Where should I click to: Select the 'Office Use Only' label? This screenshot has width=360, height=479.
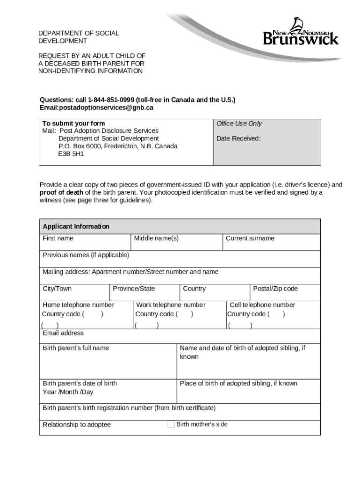(239, 123)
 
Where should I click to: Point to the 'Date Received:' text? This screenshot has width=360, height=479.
(238, 138)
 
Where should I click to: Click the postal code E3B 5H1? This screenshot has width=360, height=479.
(71, 153)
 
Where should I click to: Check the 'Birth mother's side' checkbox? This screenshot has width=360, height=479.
(171, 424)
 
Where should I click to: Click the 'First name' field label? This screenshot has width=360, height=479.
(58, 238)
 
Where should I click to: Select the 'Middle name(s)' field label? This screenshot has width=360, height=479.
(156, 238)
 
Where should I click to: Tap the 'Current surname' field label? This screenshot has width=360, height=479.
(250, 238)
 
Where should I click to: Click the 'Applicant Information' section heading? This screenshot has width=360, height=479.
(76, 226)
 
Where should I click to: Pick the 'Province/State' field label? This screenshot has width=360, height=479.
(134, 289)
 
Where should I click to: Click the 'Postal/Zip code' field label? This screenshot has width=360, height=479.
(275, 289)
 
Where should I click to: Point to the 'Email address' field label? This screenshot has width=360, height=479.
(63, 333)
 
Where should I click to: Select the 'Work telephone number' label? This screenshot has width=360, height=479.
(171, 305)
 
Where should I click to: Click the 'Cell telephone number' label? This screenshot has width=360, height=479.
(262, 305)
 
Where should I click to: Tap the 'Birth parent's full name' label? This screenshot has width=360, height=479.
(76, 348)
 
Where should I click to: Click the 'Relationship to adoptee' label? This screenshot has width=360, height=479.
(77, 425)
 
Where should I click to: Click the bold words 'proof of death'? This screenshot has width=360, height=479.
(61, 192)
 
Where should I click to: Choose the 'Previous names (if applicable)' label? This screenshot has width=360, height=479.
(86, 255)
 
